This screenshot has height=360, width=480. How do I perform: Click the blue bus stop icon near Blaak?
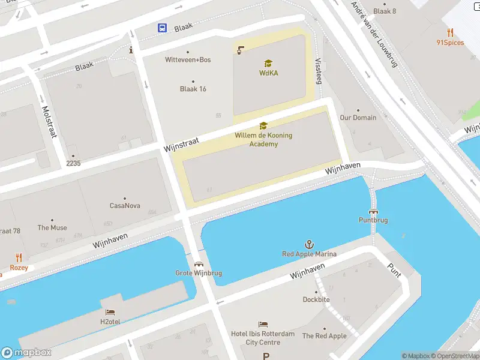(163, 28)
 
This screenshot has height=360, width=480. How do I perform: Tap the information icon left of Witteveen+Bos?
(131, 50)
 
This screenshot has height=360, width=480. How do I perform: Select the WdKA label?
(268, 73)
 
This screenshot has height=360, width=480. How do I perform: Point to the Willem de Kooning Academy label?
(263, 139)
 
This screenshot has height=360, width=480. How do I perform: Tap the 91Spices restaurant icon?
(450, 32)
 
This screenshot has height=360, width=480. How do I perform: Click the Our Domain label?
(358, 118)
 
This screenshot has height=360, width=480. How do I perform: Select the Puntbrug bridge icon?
(373, 211)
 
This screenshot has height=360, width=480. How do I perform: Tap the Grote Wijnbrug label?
(199, 273)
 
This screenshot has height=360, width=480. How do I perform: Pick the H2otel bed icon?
(110, 312)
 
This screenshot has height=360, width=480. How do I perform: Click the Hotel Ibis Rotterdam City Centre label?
(263, 338)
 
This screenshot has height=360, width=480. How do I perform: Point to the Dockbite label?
(316, 299)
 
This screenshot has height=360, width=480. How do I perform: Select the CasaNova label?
(125, 206)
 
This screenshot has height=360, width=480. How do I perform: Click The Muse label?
(52, 227)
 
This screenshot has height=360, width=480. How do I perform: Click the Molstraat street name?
(49, 122)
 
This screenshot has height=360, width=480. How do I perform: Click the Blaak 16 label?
(193, 89)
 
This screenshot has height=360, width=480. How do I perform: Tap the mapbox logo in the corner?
(26, 353)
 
